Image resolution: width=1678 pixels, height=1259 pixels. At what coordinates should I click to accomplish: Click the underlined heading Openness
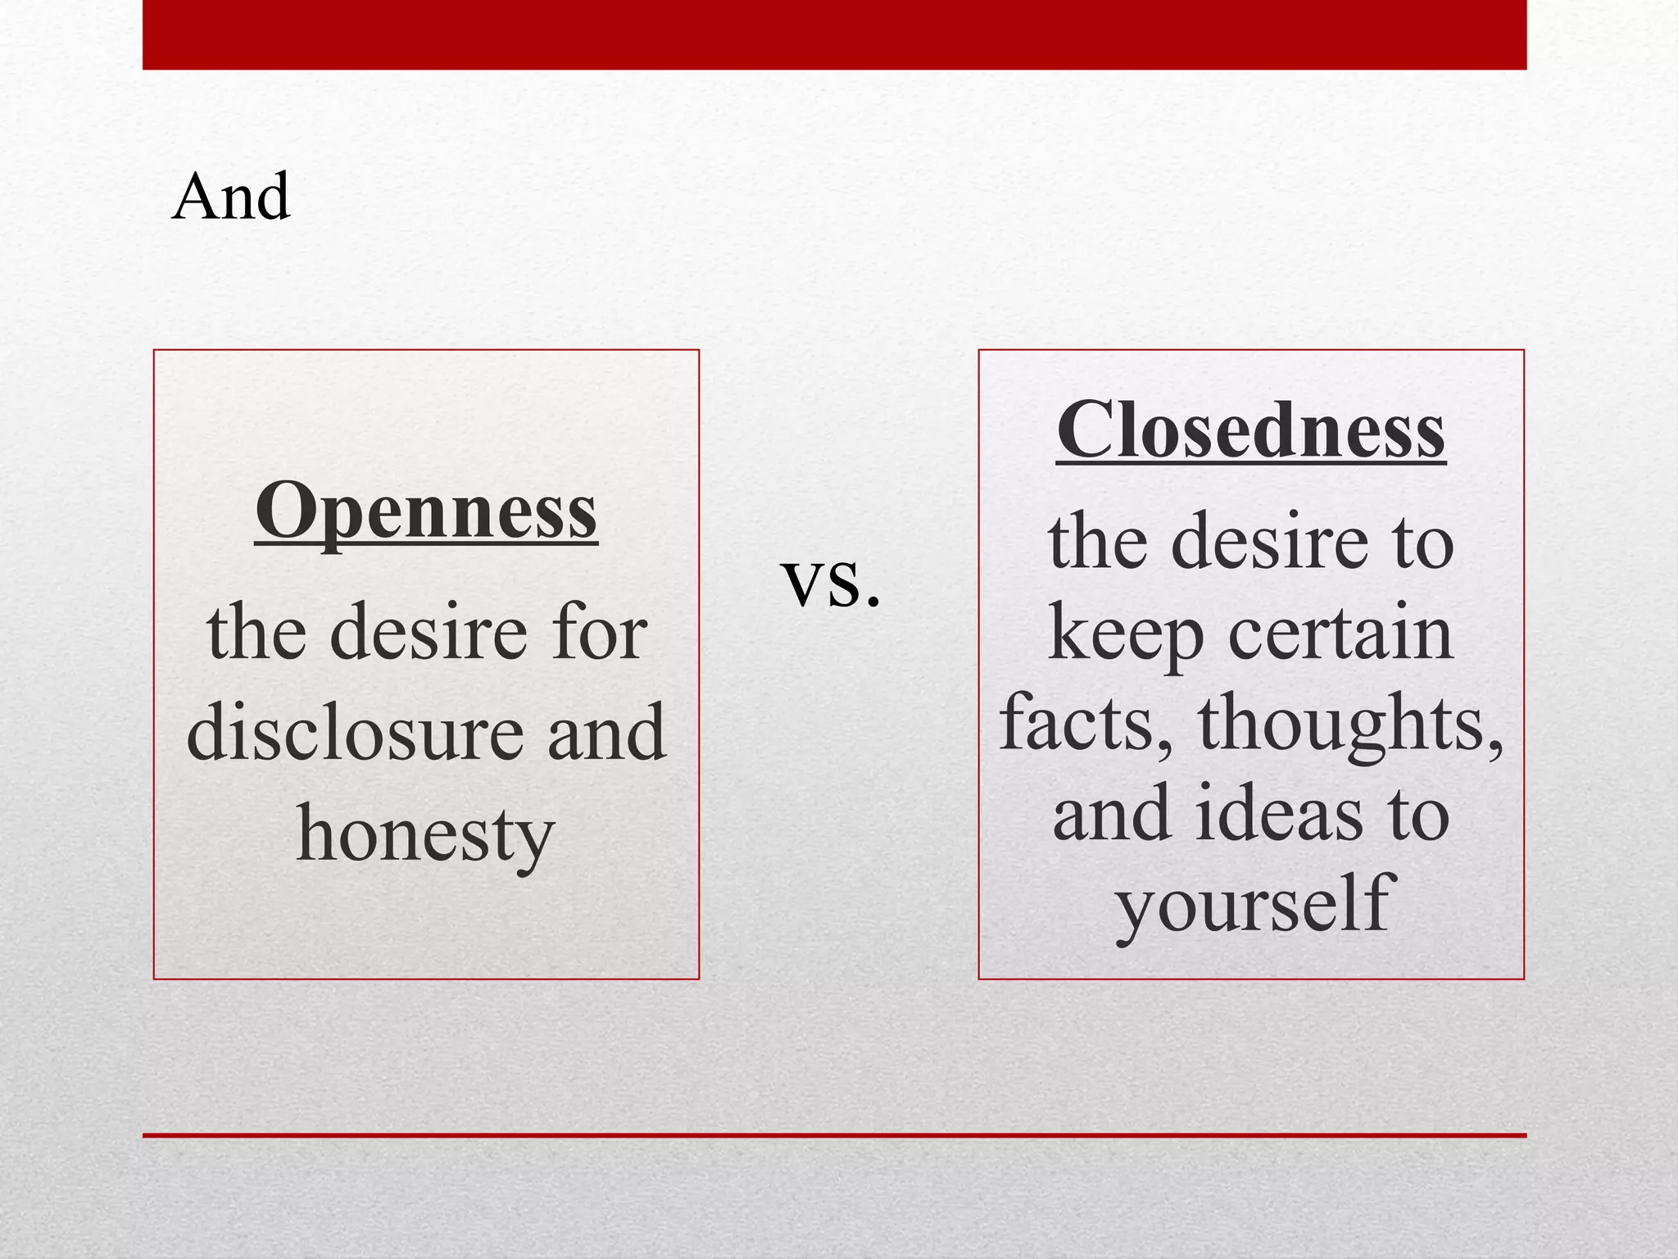point(426,511)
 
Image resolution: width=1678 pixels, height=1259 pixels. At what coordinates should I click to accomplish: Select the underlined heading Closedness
point(1250,431)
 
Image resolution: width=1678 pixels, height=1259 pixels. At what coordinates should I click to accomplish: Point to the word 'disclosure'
point(354,731)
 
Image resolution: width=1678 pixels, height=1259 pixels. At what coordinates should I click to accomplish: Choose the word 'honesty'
point(426,834)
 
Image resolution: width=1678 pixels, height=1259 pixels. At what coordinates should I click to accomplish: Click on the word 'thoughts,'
point(1350,723)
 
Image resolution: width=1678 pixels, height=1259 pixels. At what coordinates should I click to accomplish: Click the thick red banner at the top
point(834,34)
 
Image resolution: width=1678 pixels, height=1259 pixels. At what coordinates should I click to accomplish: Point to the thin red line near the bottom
point(834,1135)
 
